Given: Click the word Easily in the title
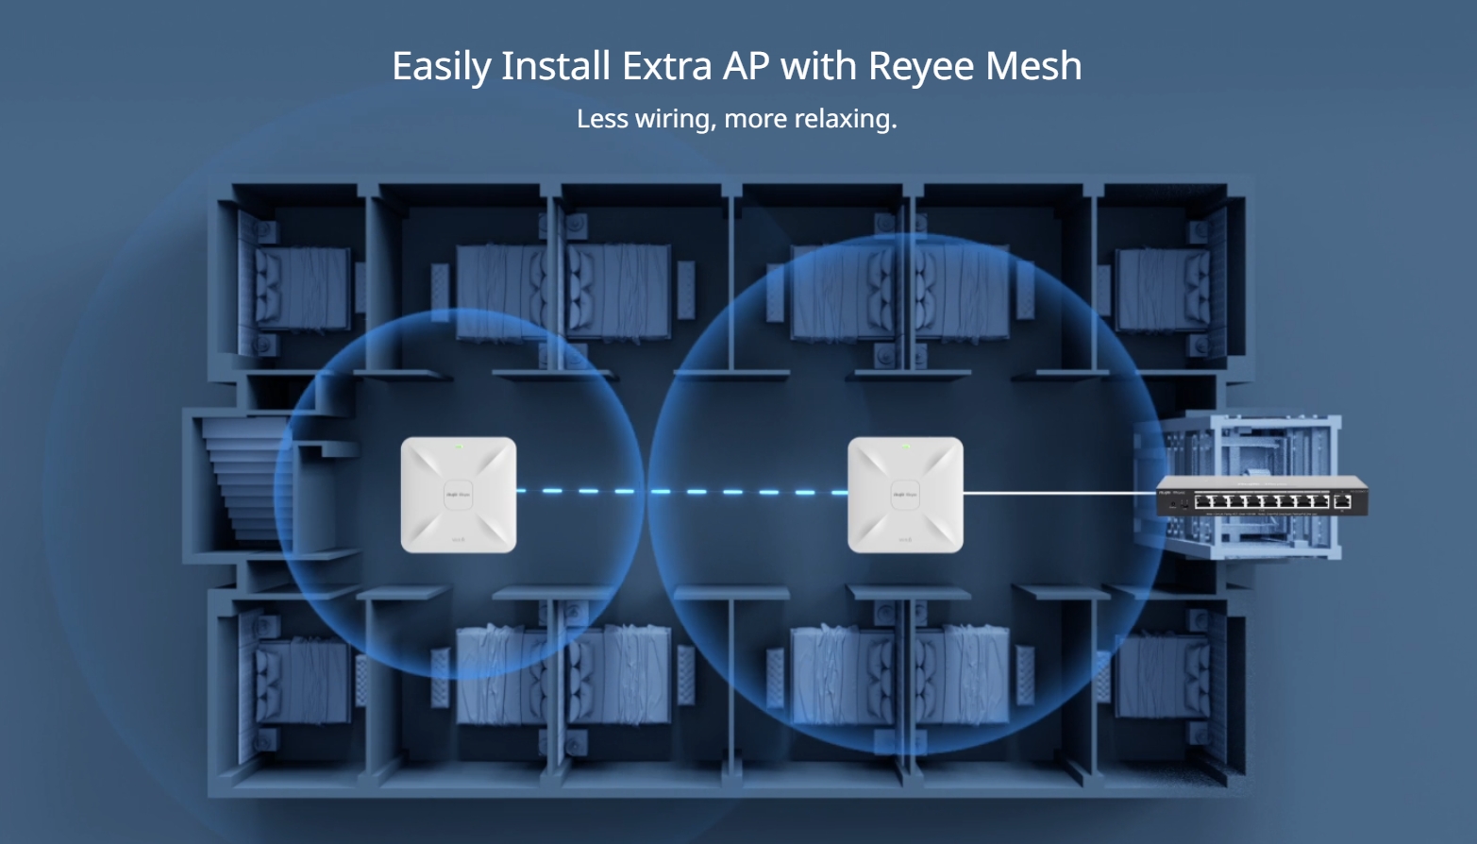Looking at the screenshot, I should (x=441, y=67).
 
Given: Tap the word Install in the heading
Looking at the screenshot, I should (x=555, y=67).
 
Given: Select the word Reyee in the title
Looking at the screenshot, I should (x=920, y=67).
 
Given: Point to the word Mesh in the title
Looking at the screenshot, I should (x=1032, y=67).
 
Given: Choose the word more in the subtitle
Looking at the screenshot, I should (x=756, y=119).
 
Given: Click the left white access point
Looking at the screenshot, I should (x=458, y=494).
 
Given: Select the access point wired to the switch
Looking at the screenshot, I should (x=905, y=494).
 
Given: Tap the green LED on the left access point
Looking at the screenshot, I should (x=460, y=447).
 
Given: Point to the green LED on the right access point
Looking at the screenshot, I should (x=906, y=447).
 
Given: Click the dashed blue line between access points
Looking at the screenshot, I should (x=680, y=491).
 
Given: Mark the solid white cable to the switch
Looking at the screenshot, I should (x=1057, y=492).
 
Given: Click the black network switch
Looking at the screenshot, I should (x=1261, y=496).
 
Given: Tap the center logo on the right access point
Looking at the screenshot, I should (x=905, y=494).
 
